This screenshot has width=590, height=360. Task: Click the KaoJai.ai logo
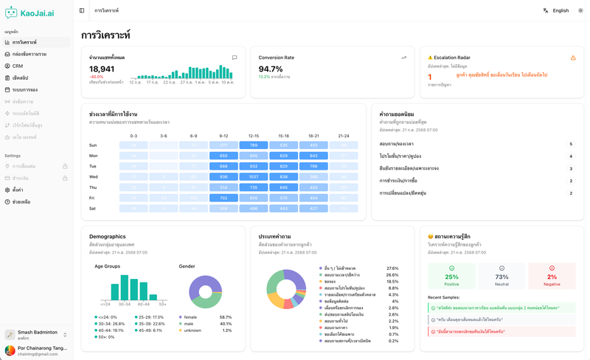(29, 13)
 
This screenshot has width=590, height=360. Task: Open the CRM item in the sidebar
(18, 66)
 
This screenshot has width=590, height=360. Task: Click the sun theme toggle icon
(580, 10)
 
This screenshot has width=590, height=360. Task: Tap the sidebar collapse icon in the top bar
(82, 10)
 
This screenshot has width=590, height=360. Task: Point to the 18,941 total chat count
(102, 69)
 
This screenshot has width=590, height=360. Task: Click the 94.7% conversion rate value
(271, 69)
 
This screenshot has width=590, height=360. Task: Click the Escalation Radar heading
(453, 57)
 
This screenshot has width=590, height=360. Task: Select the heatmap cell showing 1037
(253, 177)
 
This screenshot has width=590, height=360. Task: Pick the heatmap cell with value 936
(223, 177)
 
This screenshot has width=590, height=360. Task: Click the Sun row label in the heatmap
(94, 145)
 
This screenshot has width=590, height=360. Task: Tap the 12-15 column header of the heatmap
(253, 136)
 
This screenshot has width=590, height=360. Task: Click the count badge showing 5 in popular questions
(571, 145)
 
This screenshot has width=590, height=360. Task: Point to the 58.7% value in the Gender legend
(226, 316)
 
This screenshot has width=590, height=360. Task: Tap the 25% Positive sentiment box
(452, 276)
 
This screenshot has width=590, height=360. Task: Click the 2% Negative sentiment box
(552, 276)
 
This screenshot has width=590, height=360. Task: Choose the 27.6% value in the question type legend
(392, 269)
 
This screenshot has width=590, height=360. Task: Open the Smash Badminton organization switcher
(37, 335)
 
